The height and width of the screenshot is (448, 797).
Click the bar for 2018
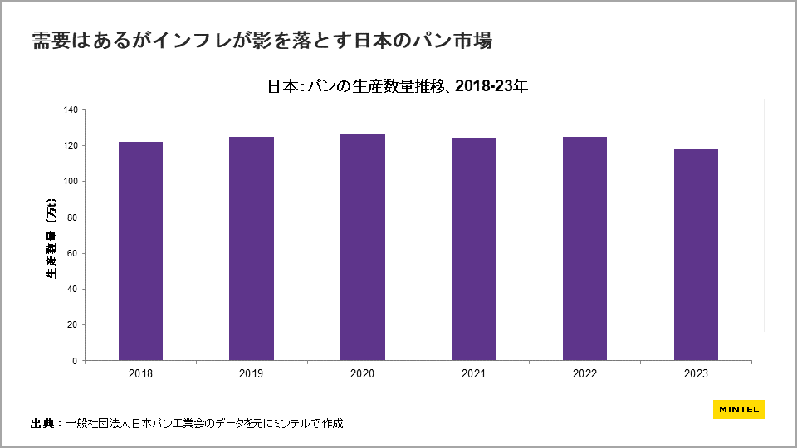[140, 251]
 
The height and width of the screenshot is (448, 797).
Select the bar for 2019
[252, 248]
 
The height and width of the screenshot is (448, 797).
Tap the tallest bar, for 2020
[363, 246]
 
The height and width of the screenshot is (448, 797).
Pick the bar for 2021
[474, 249]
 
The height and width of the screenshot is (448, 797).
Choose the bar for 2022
[584, 248]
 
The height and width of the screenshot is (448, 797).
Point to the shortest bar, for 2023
[696, 254]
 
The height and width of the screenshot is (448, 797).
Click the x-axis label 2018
[140, 374]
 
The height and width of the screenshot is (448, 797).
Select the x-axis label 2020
[363, 374]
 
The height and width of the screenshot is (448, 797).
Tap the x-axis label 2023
[696, 374]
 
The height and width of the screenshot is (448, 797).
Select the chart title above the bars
[398, 85]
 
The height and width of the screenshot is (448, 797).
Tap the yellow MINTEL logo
[738, 409]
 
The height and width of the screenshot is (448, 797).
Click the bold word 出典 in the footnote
[42, 424]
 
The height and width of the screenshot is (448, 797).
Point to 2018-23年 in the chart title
[491, 85]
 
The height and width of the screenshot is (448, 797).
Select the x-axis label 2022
[584, 374]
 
